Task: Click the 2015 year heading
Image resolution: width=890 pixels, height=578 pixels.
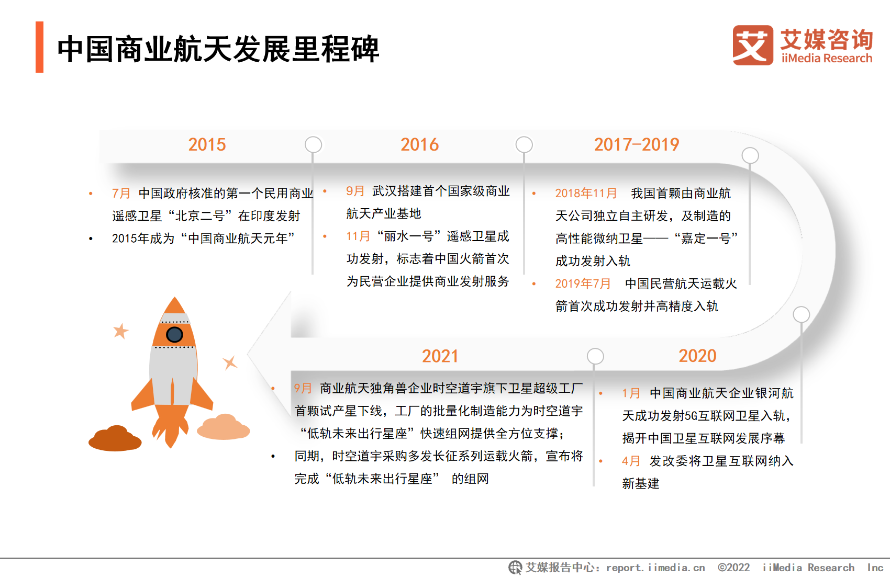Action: [x=207, y=144]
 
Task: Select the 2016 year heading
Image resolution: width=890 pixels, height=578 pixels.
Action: [x=419, y=144]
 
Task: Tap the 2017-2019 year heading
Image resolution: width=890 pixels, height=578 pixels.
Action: [x=637, y=144]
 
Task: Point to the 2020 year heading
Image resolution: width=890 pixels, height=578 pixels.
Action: [x=697, y=356]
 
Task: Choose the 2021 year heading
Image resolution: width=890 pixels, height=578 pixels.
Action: [x=440, y=356]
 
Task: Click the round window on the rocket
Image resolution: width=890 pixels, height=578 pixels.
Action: [x=174, y=335]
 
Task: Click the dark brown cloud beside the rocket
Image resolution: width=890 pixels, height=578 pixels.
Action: [x=115, y=438]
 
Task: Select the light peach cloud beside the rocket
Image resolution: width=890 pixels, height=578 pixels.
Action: [x=224, y=427]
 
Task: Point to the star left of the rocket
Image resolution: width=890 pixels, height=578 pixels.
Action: [x=121, y=331]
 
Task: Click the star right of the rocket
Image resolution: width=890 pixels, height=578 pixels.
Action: [x=230, y=362]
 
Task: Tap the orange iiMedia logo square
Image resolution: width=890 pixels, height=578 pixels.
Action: [x=753, y=46]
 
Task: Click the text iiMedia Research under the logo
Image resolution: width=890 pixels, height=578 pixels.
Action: [x=827, y=59]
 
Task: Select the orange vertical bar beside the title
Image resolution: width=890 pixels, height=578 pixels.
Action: [x=39, y=47]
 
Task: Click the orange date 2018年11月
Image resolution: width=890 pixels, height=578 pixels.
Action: [x=586, y=194]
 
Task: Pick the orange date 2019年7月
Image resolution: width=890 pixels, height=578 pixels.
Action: [x=583, y=284]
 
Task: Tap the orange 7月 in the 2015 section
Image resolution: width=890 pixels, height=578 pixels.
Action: [x=121, y=194]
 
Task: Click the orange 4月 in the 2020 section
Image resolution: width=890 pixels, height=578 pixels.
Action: [x=631, y=461]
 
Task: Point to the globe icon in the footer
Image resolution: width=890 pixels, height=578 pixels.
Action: [x=516, y=568]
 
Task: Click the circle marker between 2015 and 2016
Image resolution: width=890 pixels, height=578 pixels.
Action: [x=313, y=144]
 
